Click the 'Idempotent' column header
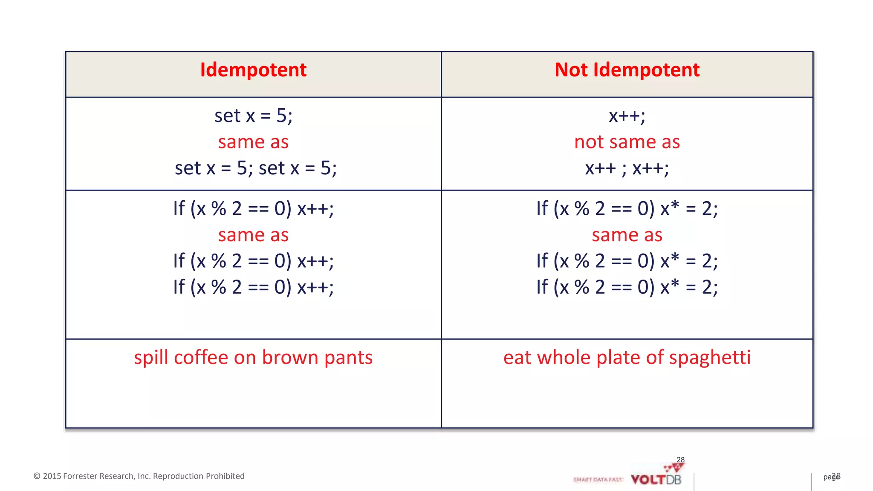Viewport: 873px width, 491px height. click(x=253, y=70)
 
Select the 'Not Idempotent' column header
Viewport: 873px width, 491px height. click(x=627, y=70)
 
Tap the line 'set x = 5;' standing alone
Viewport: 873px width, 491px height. click(x=253, y=116)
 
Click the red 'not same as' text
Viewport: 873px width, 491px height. click(x=627, y=142)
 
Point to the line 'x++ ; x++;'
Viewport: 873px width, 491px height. click(x=627, y=168)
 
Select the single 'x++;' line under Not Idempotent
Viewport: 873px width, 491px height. click(x=627, y=116)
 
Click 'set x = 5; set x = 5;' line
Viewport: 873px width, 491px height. click(x=256, y=168)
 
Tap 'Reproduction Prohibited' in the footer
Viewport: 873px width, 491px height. click(x=199, y=476)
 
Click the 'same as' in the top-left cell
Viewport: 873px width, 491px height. click(x=253, y=142)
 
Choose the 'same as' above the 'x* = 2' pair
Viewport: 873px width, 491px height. click(x=627, y=235)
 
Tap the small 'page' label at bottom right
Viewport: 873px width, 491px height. click(x=830, y=477)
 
